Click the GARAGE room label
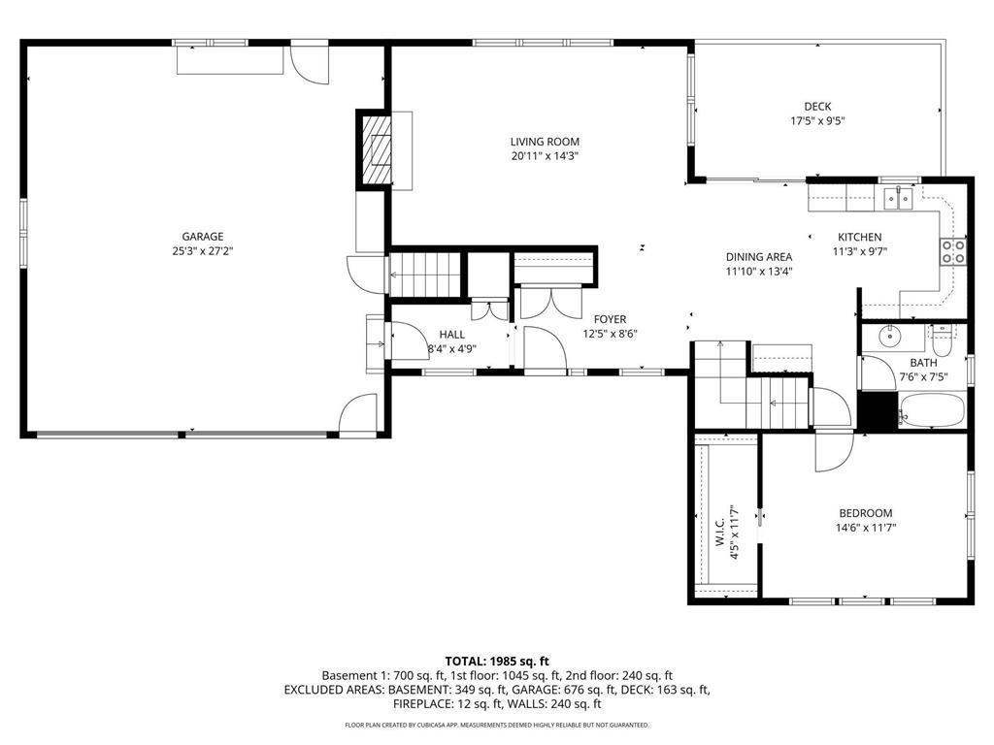(203, 237)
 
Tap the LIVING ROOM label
(546, 142)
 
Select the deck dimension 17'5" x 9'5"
(817, 121)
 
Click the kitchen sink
(898, 198)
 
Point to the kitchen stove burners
(953, 251)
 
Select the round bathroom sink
(892, 337)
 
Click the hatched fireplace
(374, 149)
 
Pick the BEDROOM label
(865, 513)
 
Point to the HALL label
(452, 335)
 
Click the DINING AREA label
(759, 257)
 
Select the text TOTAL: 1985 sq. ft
(497, 662)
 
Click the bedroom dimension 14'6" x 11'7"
(865, 528)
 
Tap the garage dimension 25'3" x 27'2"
(203, 251)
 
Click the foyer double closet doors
(551, 303)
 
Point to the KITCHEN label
(860, 237)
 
